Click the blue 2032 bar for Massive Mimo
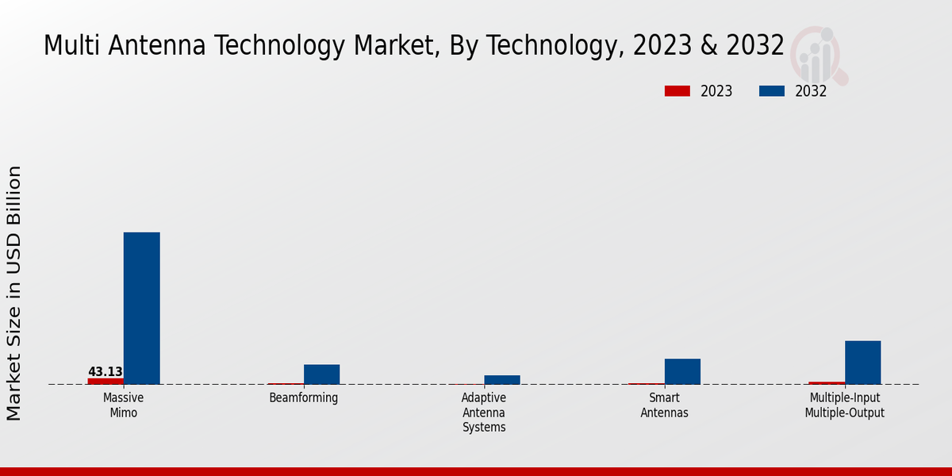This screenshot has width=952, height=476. click(141, 308)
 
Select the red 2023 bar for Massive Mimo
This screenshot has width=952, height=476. click(106, 382)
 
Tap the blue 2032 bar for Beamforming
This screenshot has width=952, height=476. click(321, 374)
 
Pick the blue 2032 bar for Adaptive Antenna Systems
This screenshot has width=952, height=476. click(501, 380)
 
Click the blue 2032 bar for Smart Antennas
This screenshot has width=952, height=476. click(682, 371)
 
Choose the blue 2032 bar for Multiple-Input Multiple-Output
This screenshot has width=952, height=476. click(862, 363)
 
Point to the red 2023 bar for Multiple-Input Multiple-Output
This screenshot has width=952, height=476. click(827, 383)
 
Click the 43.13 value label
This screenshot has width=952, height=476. click(106, 371)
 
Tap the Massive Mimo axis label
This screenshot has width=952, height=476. click(123, 405)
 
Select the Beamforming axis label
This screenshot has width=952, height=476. click(304, 397)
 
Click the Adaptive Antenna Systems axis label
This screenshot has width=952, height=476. click(484, 413)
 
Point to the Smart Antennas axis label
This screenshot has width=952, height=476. click(664, 405)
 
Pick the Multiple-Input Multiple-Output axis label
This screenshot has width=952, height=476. click(844, 405)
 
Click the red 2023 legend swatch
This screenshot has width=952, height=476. click(677, 91)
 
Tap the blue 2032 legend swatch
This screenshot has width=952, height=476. click(771, 91)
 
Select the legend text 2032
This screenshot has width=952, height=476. click(811, 91)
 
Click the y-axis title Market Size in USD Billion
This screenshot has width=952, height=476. click(14, 294)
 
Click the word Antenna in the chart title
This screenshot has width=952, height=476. click(159, 46)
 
